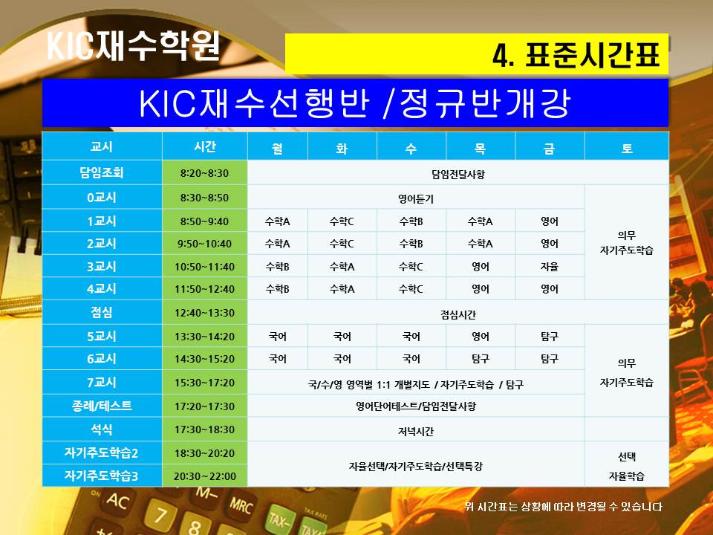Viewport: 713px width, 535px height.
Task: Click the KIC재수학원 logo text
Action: pyautogui.click(x=134, y=45)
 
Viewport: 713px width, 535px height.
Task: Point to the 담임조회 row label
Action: pyautogui.click(x=102, y=172)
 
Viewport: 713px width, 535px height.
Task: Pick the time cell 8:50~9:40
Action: pyautogui.click(x=205, y=221)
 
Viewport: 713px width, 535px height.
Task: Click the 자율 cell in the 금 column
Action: pyautogui.click(x=550, y=267)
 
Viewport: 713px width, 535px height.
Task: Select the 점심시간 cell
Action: pyautogui.click(x=458, y=314)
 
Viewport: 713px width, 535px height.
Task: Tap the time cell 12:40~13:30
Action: pyautogui.click(x=205, y=313)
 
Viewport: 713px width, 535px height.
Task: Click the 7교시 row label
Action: pyautogui.click(x=102, y=382)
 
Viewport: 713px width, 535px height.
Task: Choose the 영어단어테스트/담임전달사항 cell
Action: pyautogui.click(x=416, y=406)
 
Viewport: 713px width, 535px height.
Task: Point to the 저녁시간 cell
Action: pyautogui.click(x=416, y=430)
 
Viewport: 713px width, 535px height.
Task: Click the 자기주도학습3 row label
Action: pyautogui.click(x=102, y=476)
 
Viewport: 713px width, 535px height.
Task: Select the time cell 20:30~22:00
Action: pyautogui.click(x=205, y=476)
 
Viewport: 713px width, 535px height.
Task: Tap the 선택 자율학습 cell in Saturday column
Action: pyautogui.click(x=627, y=465)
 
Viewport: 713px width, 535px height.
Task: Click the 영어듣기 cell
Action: pyautogui.click(x=416, y=198)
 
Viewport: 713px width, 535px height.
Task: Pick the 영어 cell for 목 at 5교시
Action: pyautogui.click(x=481, y=336)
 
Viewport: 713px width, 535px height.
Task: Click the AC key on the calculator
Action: pyautogui.click(x=117, y=502)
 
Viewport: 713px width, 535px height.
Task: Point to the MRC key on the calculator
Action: pyautogui.click(x=241, y=505)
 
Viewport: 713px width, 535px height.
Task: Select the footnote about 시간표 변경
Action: pyautogui.click(x=564, y=506)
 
